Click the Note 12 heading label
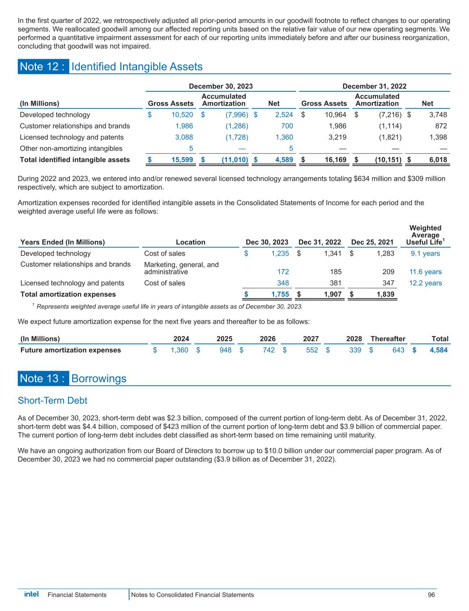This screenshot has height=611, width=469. [x=43, y=67]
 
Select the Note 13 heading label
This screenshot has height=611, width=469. [x=43, y=379]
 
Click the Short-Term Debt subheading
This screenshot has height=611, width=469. [x=52, y=400]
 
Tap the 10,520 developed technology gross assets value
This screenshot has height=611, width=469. [x=183, y=115]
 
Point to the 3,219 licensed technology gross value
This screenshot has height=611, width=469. [x=337, y=137]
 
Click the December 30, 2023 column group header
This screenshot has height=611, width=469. [x=221, y=86]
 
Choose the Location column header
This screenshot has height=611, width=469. [x=191, y=242]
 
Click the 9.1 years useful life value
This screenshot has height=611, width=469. [x=425, y=254]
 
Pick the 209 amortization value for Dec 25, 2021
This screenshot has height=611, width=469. [x=387, y=272]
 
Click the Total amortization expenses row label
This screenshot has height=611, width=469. [x=68, y=295]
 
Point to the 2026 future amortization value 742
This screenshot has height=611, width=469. [x=268, y=350]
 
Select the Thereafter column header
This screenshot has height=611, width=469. [x=388, y=339]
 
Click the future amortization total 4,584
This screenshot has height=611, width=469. [x=439, y=350]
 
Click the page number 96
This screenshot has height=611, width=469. [x=431, y=595]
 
